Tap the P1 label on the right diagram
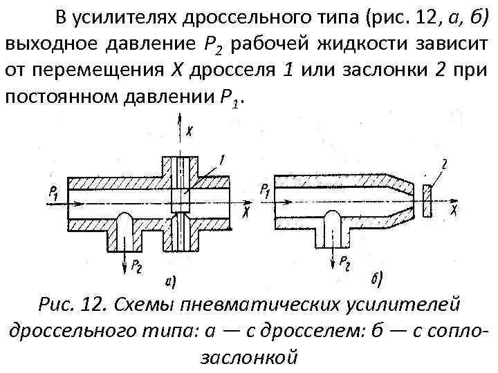pyautogui.click(x=265, y=190)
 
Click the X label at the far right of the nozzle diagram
pyautogui.click(x=454, y=207)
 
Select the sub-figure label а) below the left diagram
pyautogui.click(x=170, y=281)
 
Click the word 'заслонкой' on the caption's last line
pyautogui.click(x=248, y=357)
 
